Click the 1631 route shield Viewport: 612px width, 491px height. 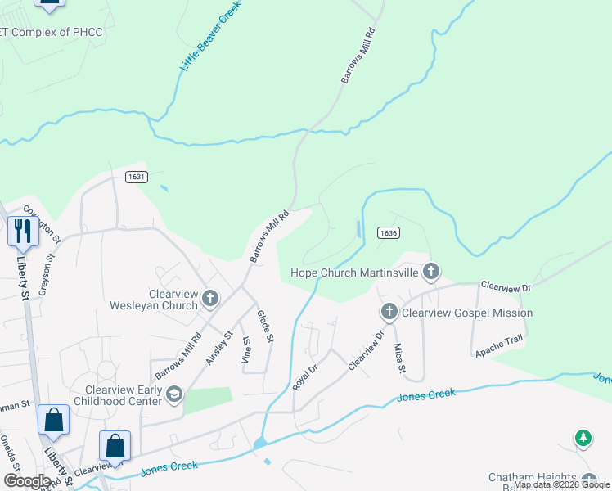[136, 176]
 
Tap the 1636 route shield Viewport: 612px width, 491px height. [389, 233]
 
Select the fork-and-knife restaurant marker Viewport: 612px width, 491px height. [22, 232]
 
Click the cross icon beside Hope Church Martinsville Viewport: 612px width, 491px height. [431, 271]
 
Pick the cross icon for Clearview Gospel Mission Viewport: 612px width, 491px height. [389, 312]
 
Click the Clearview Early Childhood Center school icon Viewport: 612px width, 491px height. [173, 395]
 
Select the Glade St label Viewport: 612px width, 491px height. [264, 326]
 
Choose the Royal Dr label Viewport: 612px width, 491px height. [304, 373]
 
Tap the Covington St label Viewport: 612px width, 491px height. [43, 223]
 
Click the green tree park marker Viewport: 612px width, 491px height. [583, 439]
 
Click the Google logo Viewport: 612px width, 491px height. [27, 481]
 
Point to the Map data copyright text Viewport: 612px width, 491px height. [561, 484]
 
